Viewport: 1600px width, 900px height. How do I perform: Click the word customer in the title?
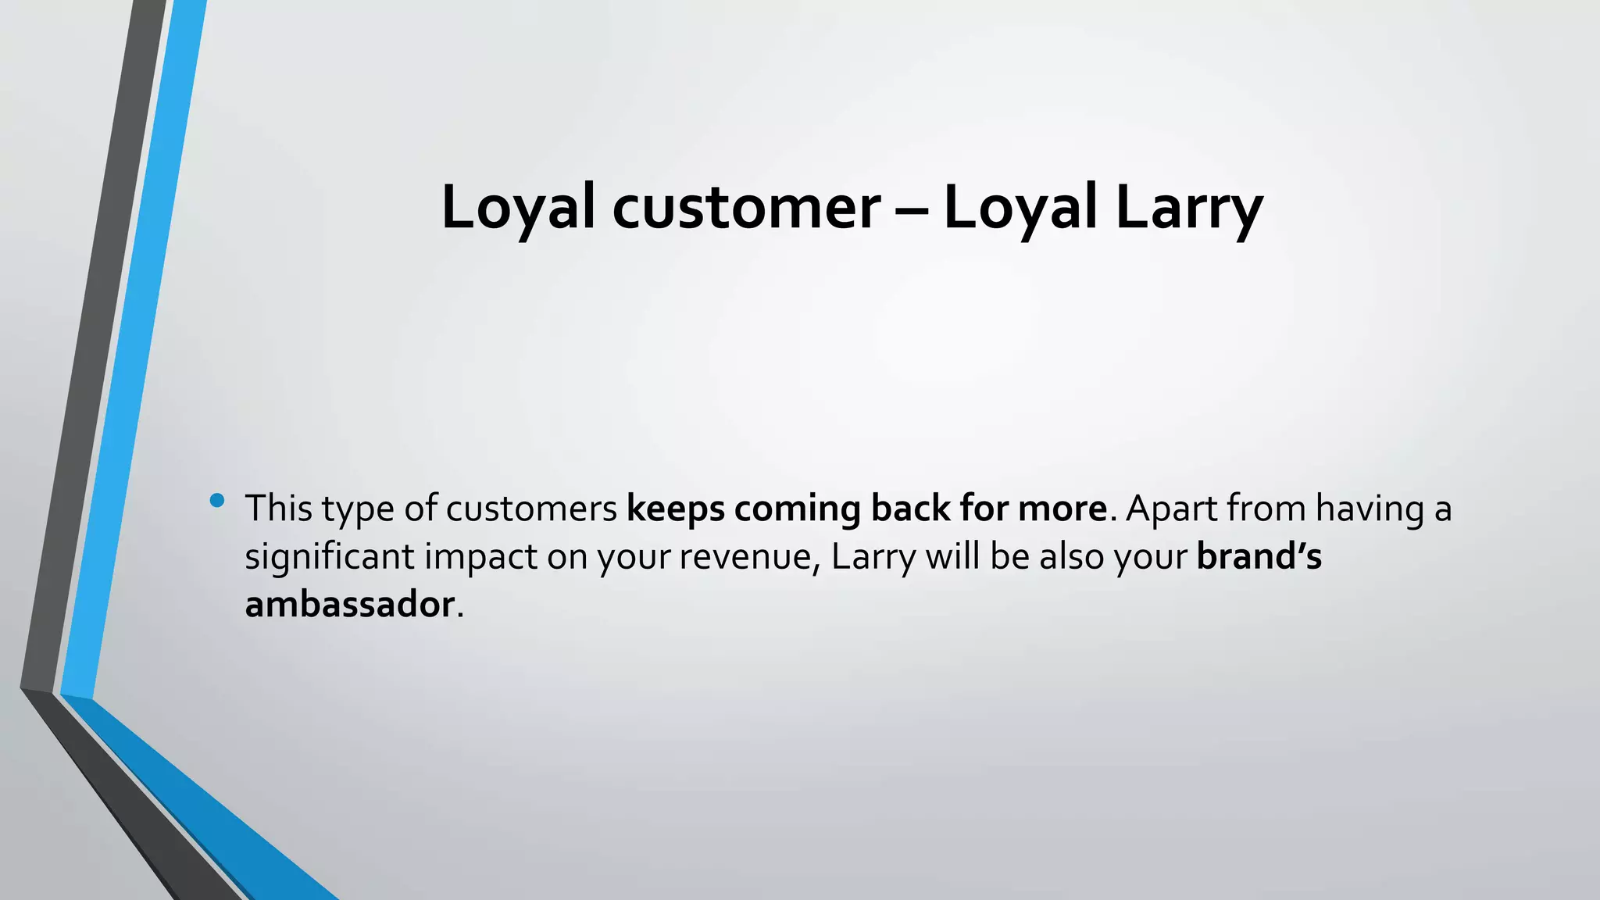click(x=746, y=208)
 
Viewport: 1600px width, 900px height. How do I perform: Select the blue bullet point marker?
click(x=217, y=500)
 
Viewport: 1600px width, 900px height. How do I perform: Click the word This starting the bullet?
click(x=278, y=509)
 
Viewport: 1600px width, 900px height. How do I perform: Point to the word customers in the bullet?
click(x=531, y=509)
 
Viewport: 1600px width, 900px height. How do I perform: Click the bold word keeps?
click(x=675, y=509)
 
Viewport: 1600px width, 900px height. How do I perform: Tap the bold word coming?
click(x=797, y=509)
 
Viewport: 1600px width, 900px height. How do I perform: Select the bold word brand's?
click(x=1259, y=557)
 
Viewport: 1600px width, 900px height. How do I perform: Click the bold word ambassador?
click(x=349, y=605)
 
